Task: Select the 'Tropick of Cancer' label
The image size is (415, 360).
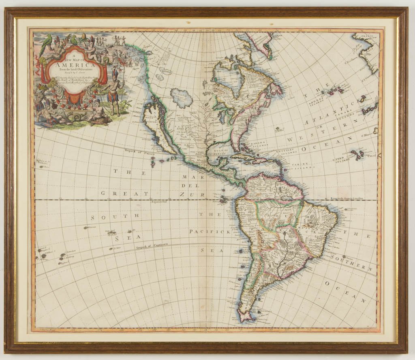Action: click(137, 152)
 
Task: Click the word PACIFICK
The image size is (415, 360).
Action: click(210, 232)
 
